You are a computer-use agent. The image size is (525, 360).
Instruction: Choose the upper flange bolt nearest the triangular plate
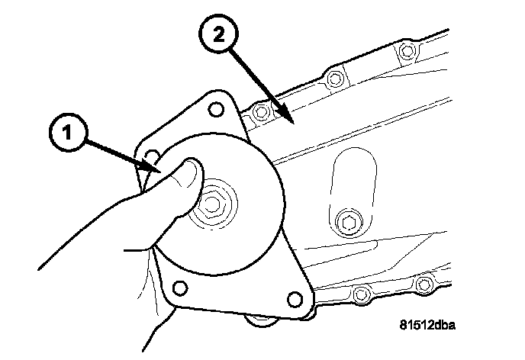point(262,113)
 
